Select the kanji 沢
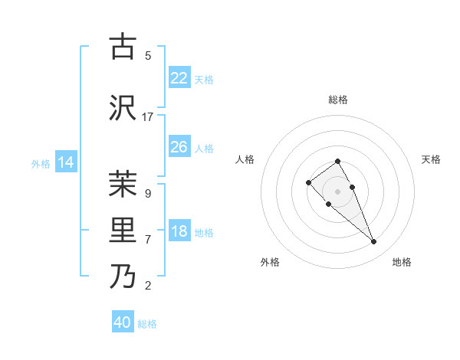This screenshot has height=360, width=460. click(x=123, y=107)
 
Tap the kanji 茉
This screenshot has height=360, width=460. click(x=123, y=184)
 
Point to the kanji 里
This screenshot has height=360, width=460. click(x=123, y=230)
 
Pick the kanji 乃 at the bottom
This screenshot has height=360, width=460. click(x=123, y=277)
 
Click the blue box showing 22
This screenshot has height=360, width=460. click(x=179, y=78)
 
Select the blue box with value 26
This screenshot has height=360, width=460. click(x=179, y=147)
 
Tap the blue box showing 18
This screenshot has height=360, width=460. click(x=179, y=232)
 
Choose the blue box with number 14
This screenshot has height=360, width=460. click(x=65, y=162)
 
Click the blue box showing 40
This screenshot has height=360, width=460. click(x=123, y=322)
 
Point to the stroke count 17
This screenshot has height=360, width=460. click(x=148, y=116)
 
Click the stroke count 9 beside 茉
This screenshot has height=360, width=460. click(x=148, y=193)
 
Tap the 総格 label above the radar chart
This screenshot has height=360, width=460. click(x=337, y=100)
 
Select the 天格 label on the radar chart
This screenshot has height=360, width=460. click(x=431, y=159)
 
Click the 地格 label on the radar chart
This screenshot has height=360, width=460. click(x=402, y=262)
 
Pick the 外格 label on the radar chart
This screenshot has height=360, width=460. click(x=270, y=262)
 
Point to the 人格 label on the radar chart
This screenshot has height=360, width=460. click(x=245, y=159)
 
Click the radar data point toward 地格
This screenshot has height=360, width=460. click(x=373, y=242)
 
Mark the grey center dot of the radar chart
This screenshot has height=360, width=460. click(x=337, y=191)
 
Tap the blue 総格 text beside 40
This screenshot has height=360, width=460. click(x=147, y=324)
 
